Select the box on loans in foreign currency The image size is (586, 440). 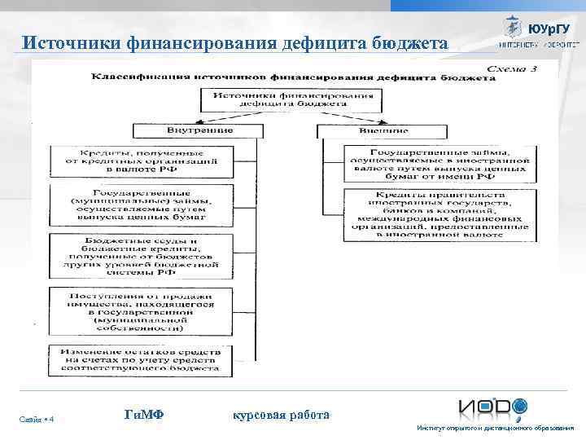click(428, 163)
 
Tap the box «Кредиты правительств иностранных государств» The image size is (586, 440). click(428, 213)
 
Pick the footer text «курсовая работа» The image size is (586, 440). click(281, 415)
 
